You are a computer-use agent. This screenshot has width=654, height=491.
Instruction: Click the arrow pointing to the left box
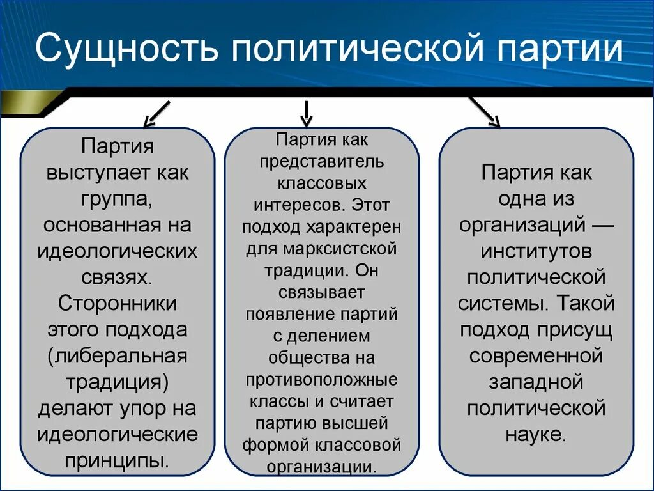[x=156, y=113]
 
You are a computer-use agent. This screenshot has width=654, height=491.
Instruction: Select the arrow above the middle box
[x=307, y=113]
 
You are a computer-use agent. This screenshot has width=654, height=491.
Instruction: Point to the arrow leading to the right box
[x=485, y=111]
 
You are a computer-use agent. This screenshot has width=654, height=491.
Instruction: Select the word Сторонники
[x=117, y=304]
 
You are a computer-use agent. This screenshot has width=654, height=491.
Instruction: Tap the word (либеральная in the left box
[x=117, y=355]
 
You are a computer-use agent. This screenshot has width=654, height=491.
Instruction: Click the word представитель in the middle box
[x=322, y=160]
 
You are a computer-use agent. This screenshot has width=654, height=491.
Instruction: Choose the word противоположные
[x=322, y=379]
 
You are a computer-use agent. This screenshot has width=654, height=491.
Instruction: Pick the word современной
[x=536, y=355]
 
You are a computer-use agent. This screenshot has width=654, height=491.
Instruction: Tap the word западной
[x=536, y=382]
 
